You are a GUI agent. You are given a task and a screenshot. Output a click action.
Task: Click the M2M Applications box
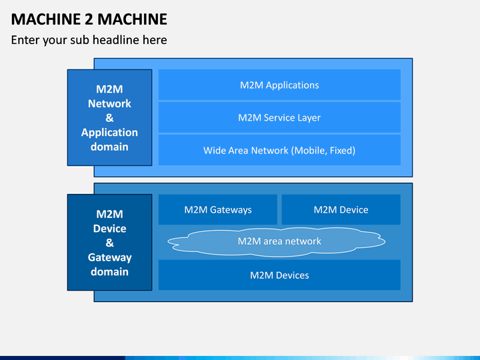tap(279, 85)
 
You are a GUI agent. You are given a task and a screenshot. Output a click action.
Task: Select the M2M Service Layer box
tap(279, 117)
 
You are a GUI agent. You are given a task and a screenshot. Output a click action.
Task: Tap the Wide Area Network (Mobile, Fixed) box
tap(279, 150)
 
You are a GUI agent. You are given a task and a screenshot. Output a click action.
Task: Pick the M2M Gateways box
tap(218, 209)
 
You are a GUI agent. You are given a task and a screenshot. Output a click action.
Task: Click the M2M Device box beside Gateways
tap(341, 209)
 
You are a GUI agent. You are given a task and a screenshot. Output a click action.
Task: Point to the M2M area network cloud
tap(277, 241)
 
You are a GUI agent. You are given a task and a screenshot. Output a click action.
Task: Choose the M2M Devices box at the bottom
tap(279, 275)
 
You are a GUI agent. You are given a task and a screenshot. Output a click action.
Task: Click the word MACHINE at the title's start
tap(46, 19)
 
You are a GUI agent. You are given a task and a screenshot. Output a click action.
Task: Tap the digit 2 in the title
tap(89, 19)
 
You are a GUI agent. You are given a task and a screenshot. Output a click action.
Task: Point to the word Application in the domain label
tap(109, 133)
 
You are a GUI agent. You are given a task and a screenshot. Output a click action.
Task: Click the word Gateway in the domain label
tap(109, 258)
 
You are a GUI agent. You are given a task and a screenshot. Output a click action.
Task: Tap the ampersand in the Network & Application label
tap(109, 118)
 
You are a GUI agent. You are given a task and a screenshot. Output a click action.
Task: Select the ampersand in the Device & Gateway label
tap(109, 243)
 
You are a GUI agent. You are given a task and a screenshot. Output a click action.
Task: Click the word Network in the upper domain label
tap(109, 103)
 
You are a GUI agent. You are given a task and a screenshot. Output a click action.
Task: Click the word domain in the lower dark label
tap(109, 271)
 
